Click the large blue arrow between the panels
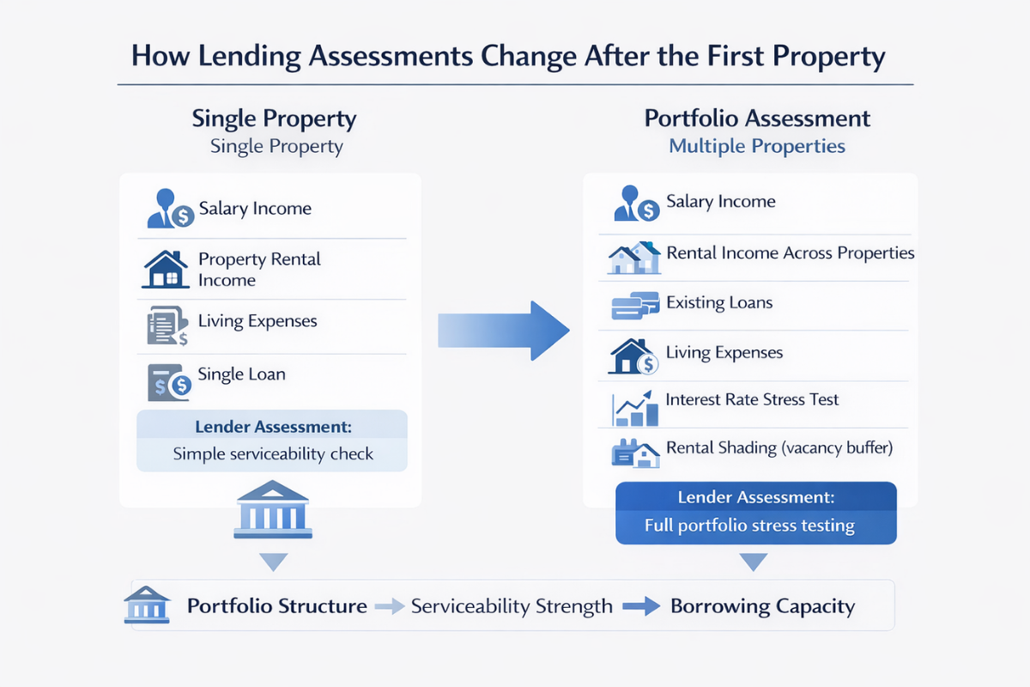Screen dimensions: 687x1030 click(x=506, y=331)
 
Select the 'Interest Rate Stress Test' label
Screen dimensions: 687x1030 click(x=752, y=399)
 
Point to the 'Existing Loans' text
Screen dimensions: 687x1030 click(x=719, y=302)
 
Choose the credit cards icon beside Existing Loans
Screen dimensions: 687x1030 click(x=634, y=306)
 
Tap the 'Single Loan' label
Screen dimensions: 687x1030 click(x=241, y=374)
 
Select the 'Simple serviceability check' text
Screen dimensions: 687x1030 click(x=273, y=453)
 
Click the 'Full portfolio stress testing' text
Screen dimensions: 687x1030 click(x=749, y=526)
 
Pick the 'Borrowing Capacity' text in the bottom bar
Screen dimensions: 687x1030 click(x=762, y=606)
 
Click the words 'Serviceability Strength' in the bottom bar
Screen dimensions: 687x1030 click(x=512, y=606)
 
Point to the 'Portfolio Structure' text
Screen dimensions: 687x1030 click(x=277, y=606)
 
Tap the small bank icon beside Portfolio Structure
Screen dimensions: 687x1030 click(x=148, y=604)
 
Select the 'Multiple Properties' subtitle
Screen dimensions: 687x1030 click(x=757, y=146)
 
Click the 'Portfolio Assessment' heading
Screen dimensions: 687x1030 click(x=757, y=119)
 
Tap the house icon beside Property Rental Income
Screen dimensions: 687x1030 click(x=166, y=269)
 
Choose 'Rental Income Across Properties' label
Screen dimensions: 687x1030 click(x=790, y=253)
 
